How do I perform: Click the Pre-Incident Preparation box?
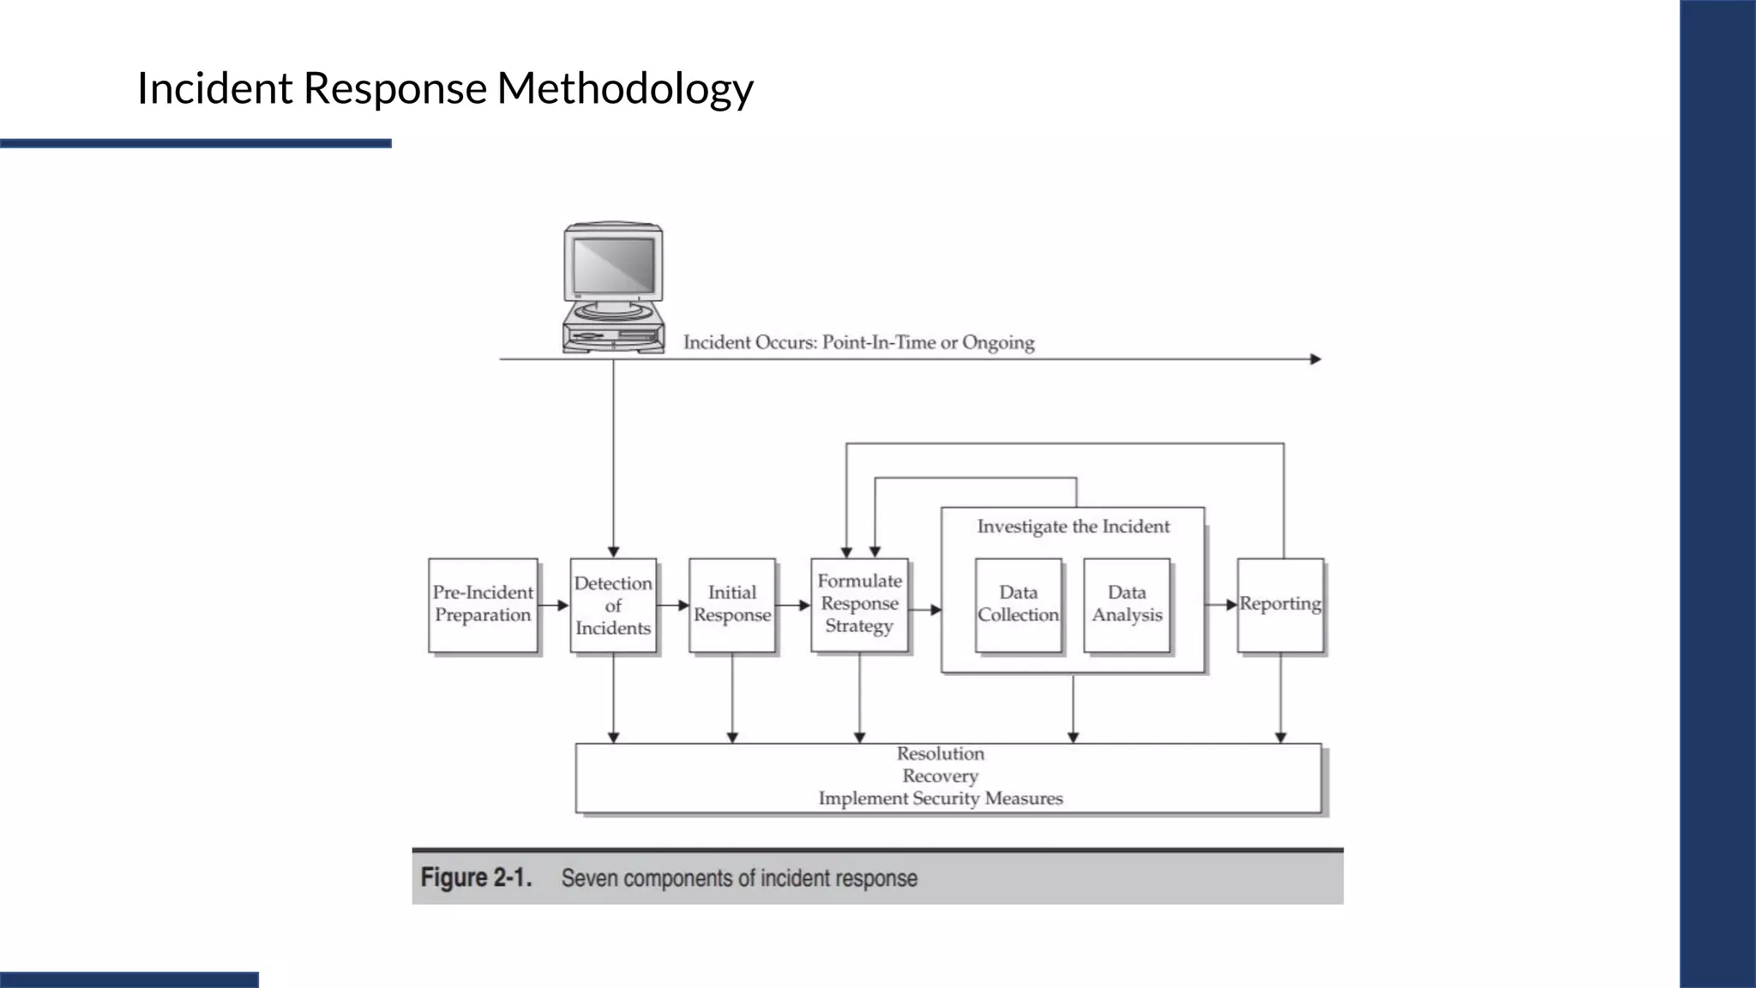[483, 605]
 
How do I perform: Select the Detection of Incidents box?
[613, 605]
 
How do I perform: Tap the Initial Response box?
[731, 605]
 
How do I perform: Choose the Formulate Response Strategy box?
[859, 604]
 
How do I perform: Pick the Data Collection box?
[1018, 605]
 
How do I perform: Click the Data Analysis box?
[1127, 605]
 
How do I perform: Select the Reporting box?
[1280, 605]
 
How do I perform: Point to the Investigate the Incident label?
[1073, 527]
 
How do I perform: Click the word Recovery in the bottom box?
[940, 776]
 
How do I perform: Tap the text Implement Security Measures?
[940, 798]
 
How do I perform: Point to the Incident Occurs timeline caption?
[858, 342]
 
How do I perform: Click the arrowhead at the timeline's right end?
[1315, 359]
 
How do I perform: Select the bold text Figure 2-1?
[476, 878]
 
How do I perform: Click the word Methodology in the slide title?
[625, 87]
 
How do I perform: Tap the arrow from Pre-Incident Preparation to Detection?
[554, 605]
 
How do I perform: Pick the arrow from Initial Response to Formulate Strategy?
[793, 605]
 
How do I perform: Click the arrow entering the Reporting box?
[1221, 605]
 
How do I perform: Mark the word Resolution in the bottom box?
[940, 754]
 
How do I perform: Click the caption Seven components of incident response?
[739, 878]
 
